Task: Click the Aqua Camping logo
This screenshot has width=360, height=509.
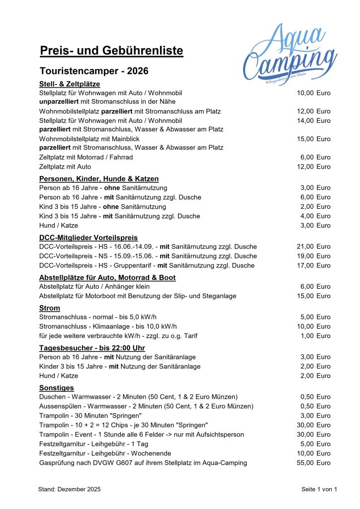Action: (x=290, y=55)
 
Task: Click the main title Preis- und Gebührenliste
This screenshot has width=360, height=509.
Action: (x=111, y=51)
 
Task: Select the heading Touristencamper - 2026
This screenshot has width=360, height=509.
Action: (x=94, y=71)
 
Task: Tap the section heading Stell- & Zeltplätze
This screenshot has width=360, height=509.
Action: (x=70, y=84)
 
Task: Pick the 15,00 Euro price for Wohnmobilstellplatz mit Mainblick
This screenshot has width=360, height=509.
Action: (x=313, y=139)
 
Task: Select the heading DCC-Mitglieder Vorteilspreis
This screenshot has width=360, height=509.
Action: (x=89, y=238)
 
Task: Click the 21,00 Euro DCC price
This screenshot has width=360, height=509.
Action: (x=313, y=247)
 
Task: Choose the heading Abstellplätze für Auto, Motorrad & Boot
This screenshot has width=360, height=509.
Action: (x=107, y=277)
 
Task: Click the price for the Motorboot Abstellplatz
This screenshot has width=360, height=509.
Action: (x=313, y=296)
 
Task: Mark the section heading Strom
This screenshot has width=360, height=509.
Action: (x=50, y=308)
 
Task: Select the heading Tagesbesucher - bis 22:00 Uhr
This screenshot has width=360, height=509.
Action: (x=92, y=348)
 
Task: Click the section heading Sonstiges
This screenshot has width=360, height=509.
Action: (x=57, y=388)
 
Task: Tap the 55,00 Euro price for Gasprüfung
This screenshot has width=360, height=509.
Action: (x=313, y=463)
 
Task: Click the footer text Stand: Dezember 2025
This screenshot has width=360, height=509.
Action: (x=69, y=490)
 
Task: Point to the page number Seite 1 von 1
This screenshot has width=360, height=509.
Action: (x=319, y=490)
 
